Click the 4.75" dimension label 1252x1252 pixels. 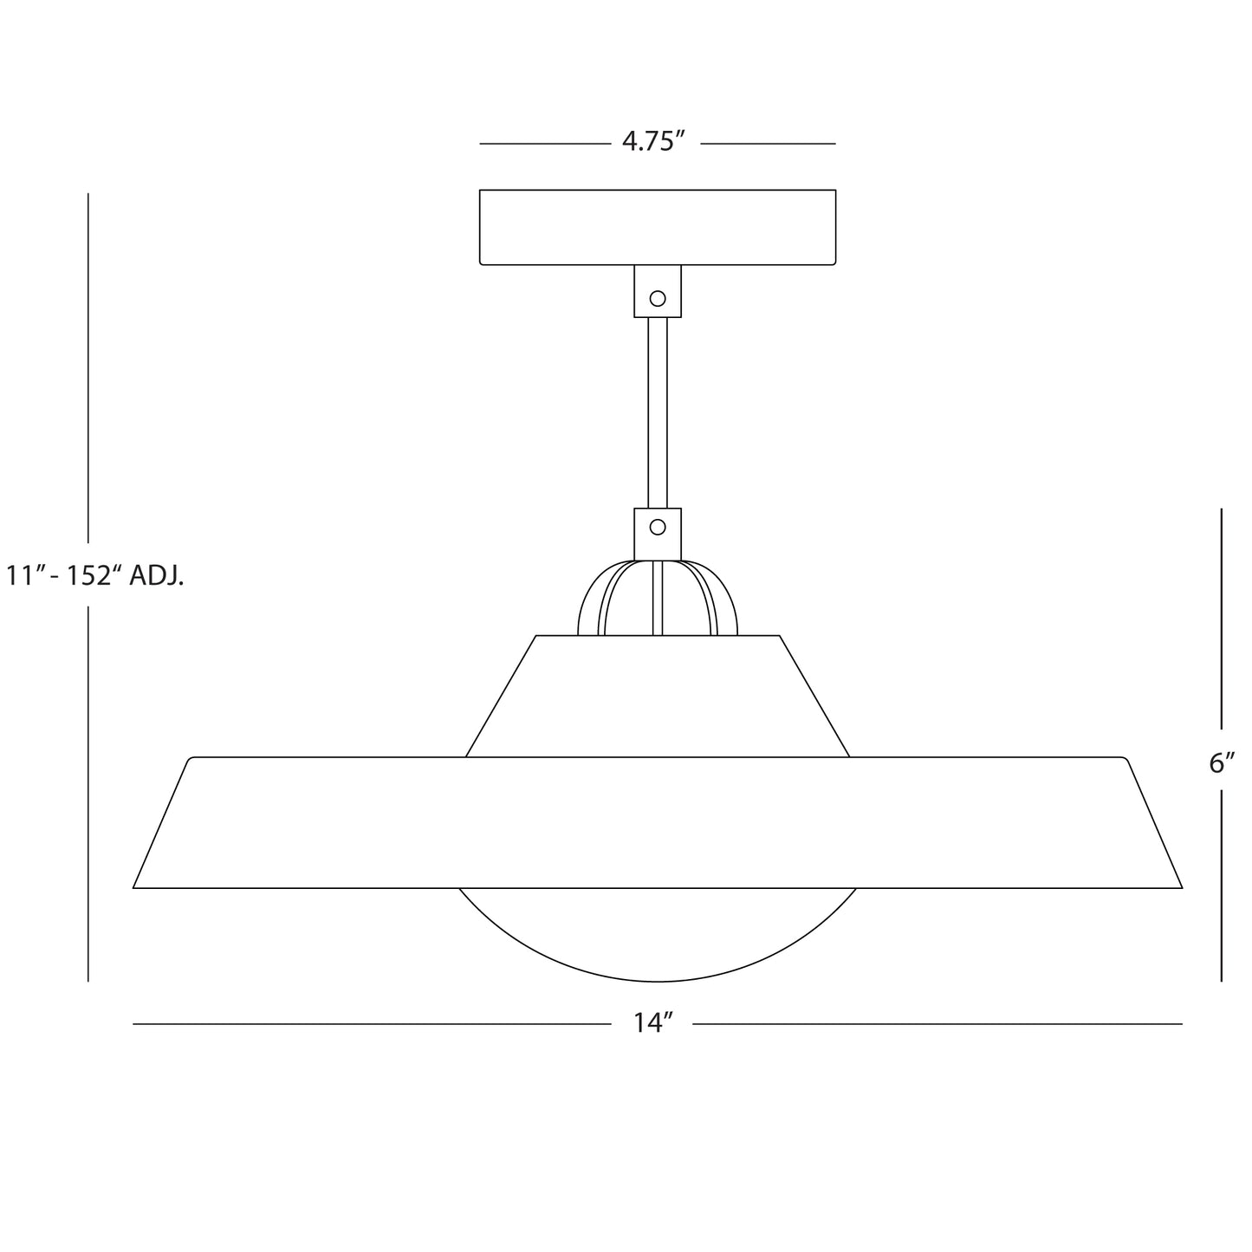click(654, 142)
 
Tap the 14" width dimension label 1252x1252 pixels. click(652, 1023)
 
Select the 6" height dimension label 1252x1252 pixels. click(1222, 763)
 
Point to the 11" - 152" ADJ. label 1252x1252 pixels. click(95, 575)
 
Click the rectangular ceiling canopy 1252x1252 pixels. click(658, 227)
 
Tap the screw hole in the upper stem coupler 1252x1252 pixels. click(658, 298)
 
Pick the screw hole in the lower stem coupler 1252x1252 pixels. click(658, 527)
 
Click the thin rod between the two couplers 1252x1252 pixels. click(658, 412)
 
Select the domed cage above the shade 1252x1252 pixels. click(658, 599)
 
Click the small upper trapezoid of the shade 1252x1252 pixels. click(658, 697)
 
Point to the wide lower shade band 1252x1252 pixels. click(658, 822)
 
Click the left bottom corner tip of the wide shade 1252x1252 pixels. click(135, 886)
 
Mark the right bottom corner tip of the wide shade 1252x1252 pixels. click(1180, 886)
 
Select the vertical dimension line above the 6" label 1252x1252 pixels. click(1222, 619)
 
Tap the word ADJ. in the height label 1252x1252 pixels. click(157, 575)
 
